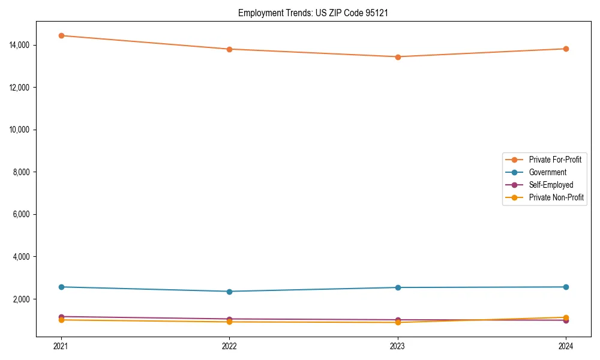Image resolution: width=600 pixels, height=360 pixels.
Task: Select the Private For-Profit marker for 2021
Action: click(x=61, y=35)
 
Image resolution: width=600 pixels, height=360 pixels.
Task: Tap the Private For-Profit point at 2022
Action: click(x=229, y=49)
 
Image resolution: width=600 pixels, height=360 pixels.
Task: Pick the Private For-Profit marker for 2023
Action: click(x=398, y=57)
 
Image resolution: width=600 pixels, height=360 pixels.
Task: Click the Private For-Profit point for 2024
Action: click(x=566, y=49)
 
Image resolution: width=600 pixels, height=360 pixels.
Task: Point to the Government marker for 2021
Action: click(x=61, y=287)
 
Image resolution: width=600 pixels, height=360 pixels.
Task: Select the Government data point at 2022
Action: click(x=229, y=292)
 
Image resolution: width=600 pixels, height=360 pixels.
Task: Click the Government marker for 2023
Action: click(x=398, y=287)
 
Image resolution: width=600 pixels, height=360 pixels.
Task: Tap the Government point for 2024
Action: click(x=566, y=287)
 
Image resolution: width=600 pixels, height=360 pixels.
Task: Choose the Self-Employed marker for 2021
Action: click(x=61, y=316)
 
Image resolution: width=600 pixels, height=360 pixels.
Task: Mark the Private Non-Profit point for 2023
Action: click(x=398, y=323)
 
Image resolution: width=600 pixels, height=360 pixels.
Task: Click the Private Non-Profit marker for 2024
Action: click(x=566, y=317)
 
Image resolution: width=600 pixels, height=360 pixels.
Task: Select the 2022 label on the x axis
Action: click(x=229, y=346)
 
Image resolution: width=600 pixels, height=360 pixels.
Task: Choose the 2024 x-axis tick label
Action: click(x=566, y=346)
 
